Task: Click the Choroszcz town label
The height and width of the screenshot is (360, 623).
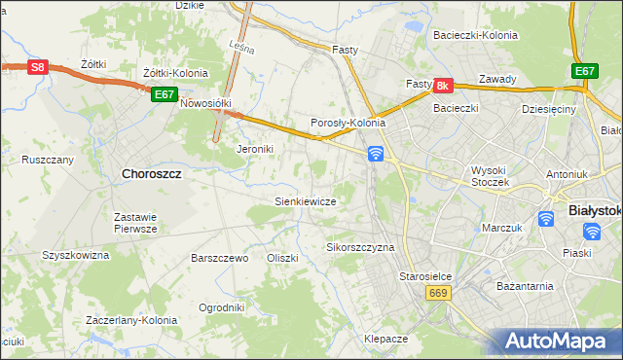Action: coord(152,174)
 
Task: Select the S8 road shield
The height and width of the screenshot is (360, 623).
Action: coord(36,67)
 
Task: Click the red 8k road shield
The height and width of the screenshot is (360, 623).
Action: coord(443,86)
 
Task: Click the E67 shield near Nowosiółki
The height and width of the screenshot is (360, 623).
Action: coord(164,94)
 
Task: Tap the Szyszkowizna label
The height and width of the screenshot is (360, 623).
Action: coord(76,254)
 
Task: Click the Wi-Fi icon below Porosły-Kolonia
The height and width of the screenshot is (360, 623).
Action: coord(376,153)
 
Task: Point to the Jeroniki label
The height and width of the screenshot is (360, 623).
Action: coord(256,150)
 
